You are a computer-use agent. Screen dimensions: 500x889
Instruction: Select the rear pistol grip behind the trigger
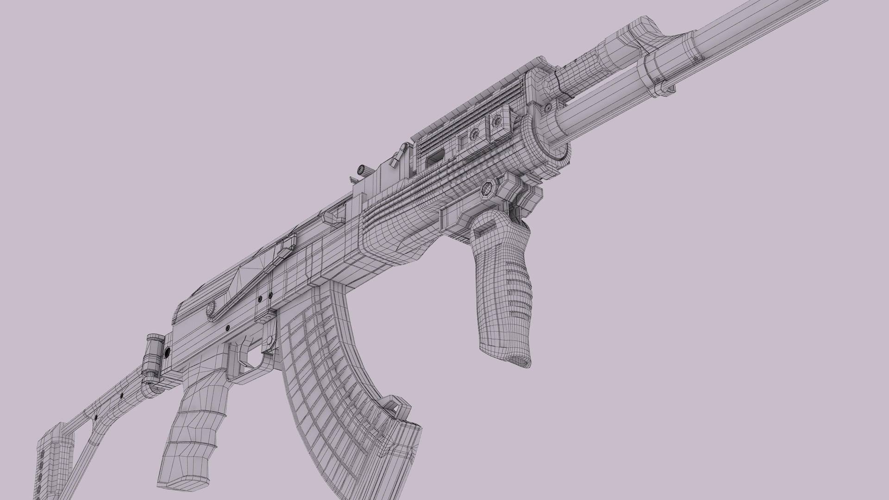pos(194,431)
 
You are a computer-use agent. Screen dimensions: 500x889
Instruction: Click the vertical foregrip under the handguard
pos(502,287)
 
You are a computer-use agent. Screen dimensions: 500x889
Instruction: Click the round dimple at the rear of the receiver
pos(212,306)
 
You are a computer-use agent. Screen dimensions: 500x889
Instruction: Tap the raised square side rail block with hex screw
pos(498,123)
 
